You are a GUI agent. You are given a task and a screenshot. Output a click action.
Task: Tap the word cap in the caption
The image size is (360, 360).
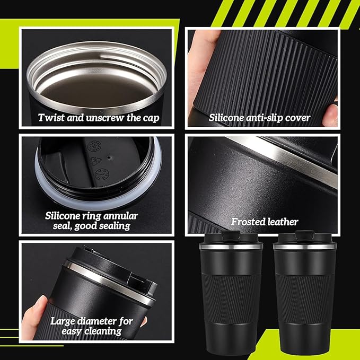click(x=151, y=118)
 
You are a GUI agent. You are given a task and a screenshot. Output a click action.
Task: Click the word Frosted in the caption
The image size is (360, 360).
click(x=248, y=222)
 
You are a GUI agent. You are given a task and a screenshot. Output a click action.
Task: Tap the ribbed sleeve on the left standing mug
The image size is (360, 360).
click(x=231, y=299)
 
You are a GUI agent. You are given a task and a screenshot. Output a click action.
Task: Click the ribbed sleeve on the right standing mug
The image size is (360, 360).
click(x=304, y=299)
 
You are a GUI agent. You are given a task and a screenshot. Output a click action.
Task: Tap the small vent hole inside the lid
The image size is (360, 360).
click(x=109, y=157)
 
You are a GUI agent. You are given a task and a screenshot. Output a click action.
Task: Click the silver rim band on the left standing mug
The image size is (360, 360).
click(x=231, y=247)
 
